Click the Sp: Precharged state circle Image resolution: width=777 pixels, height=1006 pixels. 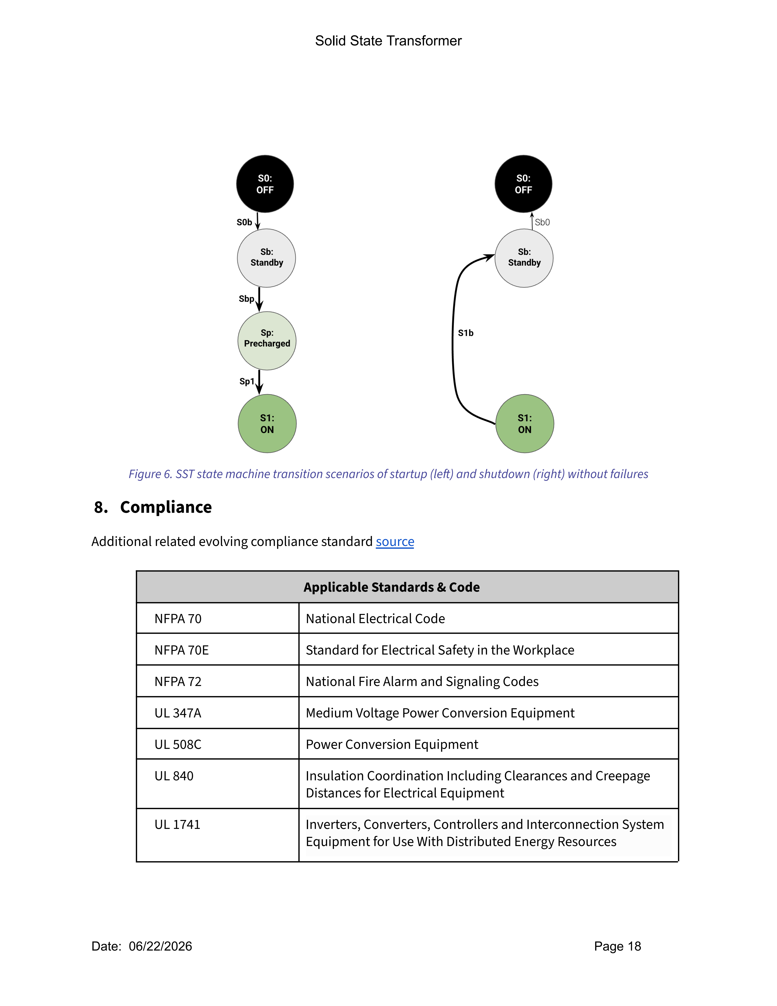pyautogui.click(x=267, y=341)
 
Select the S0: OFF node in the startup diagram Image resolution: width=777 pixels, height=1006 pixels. pyautogui.click(x=265, y=184)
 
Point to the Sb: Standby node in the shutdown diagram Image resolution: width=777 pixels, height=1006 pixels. pyautogui.click(x=524, y=258)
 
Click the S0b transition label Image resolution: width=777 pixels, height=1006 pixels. pyautogui.click(x=244, y=222)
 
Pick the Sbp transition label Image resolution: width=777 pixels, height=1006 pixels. pyautogui.click(x=246, y=299)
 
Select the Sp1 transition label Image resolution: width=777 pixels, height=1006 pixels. pyautogui.click(x=247, y=381)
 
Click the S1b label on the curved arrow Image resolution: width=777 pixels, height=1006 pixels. pyautogui.click(x=465, y=333)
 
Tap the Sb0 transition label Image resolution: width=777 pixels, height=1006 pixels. pyautogui.click(x=542, y=222)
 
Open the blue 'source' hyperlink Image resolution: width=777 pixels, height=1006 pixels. pyautogui.click(x=395, y=542)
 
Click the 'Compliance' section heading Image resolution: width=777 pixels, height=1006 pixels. pyautogui.click(x=166, y=507)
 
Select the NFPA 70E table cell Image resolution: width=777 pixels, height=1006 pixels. pyautogui.click(x=182, y=650)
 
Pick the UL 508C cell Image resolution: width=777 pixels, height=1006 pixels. pyautogui.click(x=178, y=744)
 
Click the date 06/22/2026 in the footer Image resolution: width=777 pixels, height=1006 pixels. pyautogui.click(x=160, y=946)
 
